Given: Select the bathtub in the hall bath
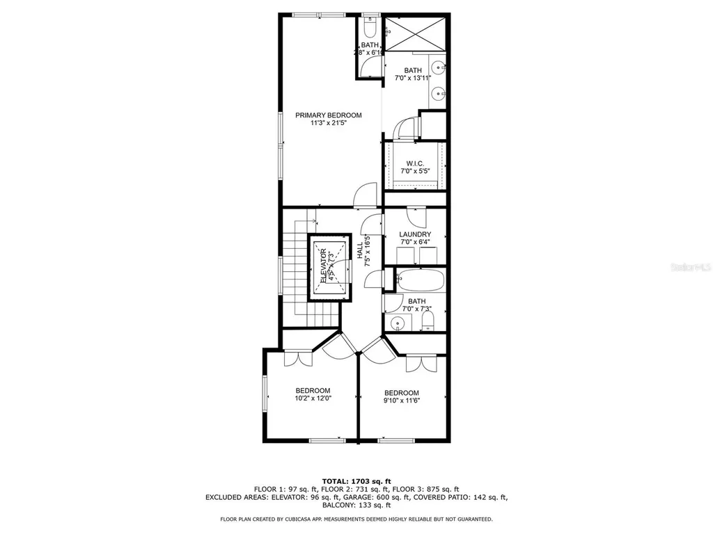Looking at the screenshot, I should point(419,280).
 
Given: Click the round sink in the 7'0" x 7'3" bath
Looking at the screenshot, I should point(398,323).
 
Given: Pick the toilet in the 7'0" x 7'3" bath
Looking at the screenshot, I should point(428,321).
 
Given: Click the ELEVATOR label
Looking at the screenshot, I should point(324,264).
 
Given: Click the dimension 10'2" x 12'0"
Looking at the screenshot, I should point(313,399).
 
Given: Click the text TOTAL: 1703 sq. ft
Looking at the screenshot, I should point(356,480).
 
